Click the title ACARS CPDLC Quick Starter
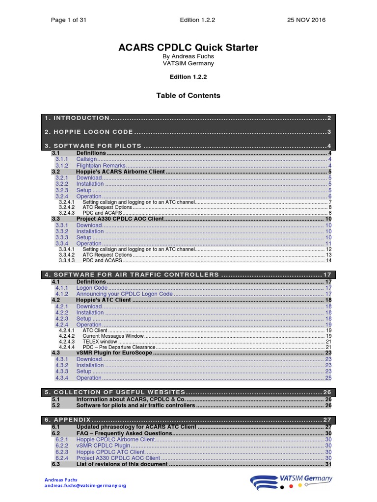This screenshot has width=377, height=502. point(188,48)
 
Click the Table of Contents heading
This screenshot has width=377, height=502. point(188,96)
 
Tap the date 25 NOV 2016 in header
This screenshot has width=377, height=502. point(306,20)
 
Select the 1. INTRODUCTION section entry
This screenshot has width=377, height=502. point(78,118)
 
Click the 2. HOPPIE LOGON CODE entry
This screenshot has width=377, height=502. point(89,132)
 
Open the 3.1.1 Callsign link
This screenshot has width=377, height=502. point(86,159)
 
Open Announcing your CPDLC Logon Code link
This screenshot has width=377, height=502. point(124,294)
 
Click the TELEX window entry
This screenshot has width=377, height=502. point(100,342)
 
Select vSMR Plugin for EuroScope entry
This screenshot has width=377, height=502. point(114,353)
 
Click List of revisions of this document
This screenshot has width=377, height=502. point(122,464)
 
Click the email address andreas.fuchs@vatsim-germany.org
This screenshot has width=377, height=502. point(85,485)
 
